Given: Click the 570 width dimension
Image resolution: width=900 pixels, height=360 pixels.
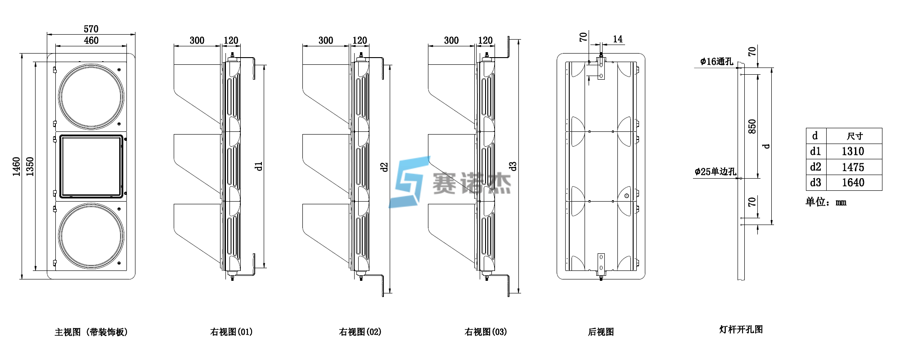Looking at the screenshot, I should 91,29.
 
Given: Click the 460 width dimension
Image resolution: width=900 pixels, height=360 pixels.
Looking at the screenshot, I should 91,40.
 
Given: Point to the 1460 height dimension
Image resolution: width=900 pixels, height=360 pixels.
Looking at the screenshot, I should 16,166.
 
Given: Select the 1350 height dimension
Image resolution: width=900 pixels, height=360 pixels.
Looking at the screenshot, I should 30,166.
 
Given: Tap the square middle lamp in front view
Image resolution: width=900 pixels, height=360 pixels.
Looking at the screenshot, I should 91,166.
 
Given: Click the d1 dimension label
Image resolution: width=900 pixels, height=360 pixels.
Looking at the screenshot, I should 258,166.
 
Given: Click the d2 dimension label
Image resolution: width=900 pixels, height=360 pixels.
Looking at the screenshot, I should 384,167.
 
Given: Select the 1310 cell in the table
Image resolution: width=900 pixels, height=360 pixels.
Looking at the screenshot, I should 853,152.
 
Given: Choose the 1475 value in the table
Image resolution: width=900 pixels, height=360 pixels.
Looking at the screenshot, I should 853,167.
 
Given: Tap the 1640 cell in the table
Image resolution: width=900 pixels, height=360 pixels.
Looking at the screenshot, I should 853,183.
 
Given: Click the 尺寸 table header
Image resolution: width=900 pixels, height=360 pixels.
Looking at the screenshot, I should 855,136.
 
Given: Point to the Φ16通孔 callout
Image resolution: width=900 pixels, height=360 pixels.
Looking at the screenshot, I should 716,62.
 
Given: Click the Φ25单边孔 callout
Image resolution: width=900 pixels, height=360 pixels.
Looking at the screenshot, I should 715,171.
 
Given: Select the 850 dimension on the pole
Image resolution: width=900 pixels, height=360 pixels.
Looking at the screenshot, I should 752,126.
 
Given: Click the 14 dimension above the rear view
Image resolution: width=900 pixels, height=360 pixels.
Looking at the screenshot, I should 618,39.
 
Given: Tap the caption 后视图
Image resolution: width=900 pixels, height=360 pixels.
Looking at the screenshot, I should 601,332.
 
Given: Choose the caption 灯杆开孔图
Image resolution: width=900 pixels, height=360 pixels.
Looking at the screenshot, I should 741,329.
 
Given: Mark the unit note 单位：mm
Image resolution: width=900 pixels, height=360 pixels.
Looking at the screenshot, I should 826,202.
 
